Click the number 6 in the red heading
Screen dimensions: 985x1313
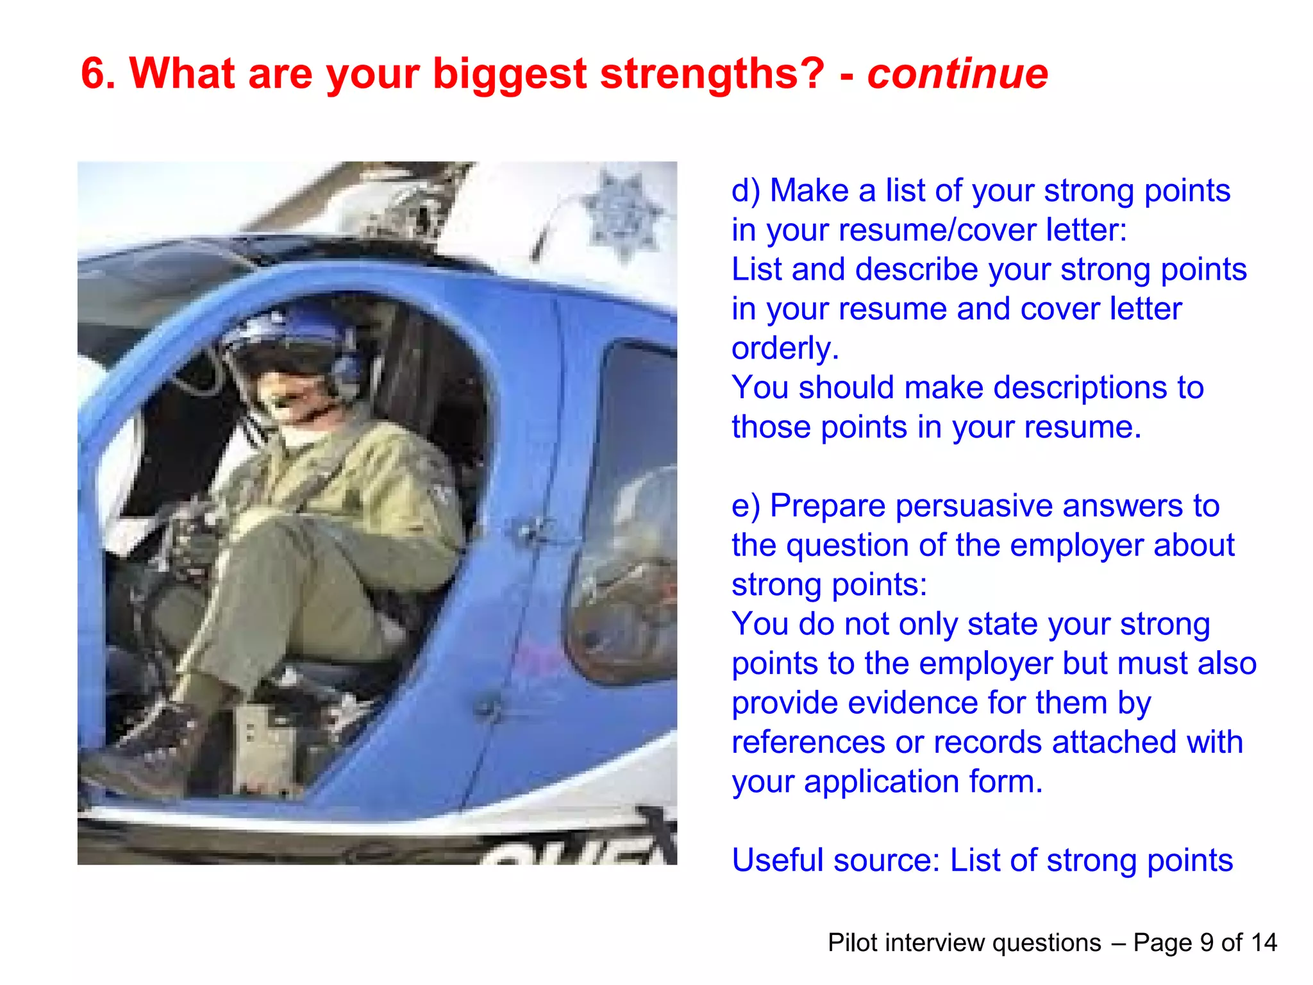tap(94, 73)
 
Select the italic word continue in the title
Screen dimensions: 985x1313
tap(957, 73)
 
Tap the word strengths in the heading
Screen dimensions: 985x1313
tap(712, 73)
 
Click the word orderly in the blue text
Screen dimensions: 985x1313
tap(785, 349)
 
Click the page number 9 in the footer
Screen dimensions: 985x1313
tap(1207, 943)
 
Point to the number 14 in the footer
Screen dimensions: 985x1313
tap(1264, 943)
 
